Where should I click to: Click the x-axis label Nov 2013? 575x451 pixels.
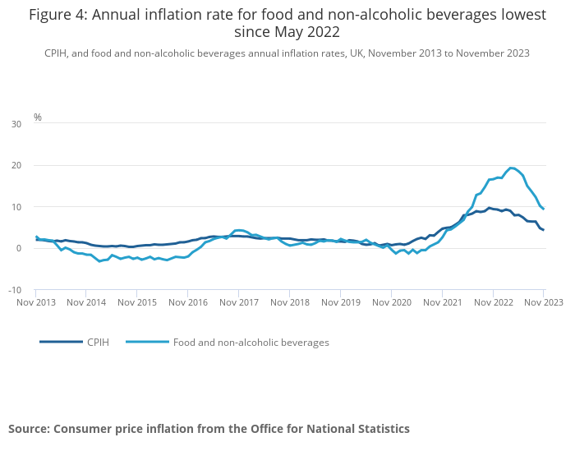(x=36, y=302)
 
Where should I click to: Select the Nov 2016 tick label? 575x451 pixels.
(x=188, y=302)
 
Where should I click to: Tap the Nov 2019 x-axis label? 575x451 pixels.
(x=340, y=302)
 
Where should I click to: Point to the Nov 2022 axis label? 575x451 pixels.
(x=492, y=302)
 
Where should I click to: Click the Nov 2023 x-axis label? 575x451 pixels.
(x=543, y=302)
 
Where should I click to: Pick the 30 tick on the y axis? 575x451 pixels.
(x=16, y=124)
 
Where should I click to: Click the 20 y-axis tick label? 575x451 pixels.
(x=16, y=165)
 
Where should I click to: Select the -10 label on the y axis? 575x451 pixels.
(x=15, y=290)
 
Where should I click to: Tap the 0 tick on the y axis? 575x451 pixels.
(x=19, y=248)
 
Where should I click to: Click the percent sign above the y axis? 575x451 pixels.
(x=38, y=117)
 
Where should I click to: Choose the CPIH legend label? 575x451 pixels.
(x=99, y=342)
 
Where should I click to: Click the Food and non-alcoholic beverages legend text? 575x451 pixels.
(x=251, y=342)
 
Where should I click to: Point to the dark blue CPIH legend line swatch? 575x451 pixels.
(x=61, y=342)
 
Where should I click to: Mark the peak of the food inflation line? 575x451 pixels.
(x=511, y=168)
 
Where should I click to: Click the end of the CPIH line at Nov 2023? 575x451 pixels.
(x=543, y=230)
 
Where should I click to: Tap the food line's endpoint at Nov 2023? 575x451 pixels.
(x=543, y=209)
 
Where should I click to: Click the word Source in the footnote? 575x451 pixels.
(x=30, y=428)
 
